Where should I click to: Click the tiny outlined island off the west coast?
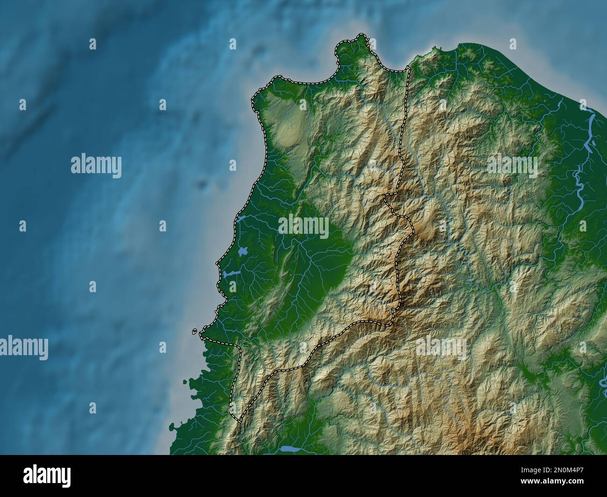pyautogui.click(x=194, y=332)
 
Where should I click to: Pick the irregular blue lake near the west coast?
pyautogui.click(x=242, y=252)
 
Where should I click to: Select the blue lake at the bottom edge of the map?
pyautogui.click(x=289, y=449)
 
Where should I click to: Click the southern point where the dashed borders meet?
pyautogui.click(x=240, y=421)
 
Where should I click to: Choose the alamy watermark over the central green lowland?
pyautogui.click(x=303, y=227)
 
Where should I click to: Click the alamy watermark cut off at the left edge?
pyautogui.click(x=23, y=348)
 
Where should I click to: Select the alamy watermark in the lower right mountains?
pyautogui.click(x=441, y=348)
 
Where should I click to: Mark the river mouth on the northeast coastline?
pyautogui.click(x=591, y=119)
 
